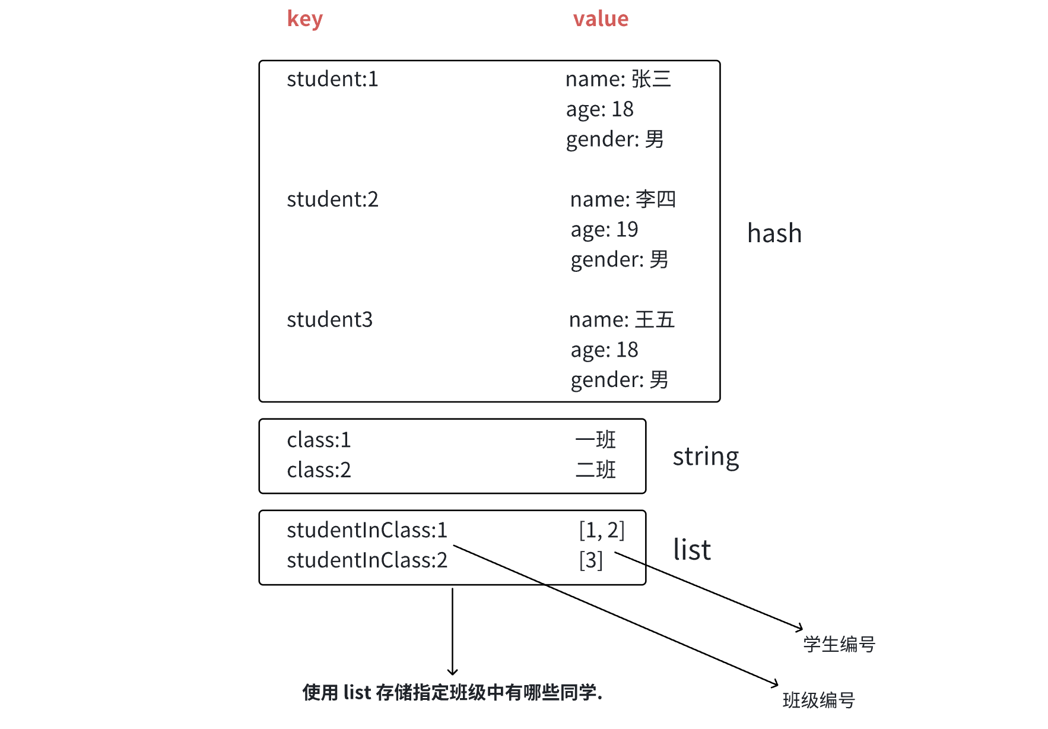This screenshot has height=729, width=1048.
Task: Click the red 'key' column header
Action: coord(304,20)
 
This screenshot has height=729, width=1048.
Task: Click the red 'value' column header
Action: coord(600,20)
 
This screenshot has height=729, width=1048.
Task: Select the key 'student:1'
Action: coord(332,80)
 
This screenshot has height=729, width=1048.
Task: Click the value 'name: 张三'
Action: coord(618,80)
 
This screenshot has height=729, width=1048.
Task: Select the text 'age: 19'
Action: coord(604,230)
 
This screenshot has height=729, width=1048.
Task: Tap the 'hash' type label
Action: coord(774,234)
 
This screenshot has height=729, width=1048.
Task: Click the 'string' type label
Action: coord(706,457)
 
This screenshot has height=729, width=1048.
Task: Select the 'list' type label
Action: coord(691,550)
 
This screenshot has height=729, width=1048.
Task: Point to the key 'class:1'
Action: coord(319,440)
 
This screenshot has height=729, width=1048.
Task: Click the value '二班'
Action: coord(596,470)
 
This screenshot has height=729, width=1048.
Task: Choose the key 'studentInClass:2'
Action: coord(367,560)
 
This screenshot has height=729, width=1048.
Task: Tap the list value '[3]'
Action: coord(590,560)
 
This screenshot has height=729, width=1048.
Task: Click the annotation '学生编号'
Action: coord(839,644)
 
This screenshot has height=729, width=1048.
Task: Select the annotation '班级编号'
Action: coord(818,701)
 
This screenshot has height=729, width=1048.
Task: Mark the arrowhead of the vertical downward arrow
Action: coord(452,672)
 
